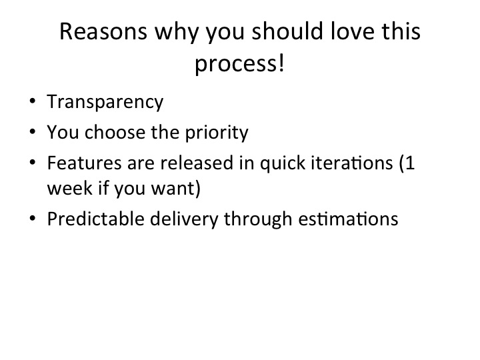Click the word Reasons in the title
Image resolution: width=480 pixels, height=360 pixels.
(x=103, y=31)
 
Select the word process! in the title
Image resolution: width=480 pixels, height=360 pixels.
(x=240, y=64)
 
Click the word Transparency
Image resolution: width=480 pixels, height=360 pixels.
(x=105, y=102)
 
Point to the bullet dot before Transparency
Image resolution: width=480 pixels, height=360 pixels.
(x=33, y=101)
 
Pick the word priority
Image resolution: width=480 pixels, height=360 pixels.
(x=217, y=133)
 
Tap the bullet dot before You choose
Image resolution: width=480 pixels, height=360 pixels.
(x=33, y=132)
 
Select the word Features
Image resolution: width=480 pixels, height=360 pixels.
(x=85, y=163)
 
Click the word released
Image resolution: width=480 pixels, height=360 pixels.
(x=197, y=163)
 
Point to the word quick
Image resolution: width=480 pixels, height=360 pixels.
(x=283, y=163)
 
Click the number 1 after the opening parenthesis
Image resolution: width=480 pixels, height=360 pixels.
(x=411, y=163)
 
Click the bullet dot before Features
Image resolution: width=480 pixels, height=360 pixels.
(x=33, y=162)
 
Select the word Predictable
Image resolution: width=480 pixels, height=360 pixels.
(x=96, y=219)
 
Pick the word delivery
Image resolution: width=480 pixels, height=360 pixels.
(x=184, y=219)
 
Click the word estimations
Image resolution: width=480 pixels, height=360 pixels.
(x=349, y=219)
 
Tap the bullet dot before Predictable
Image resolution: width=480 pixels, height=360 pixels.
(x=33, y=219)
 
